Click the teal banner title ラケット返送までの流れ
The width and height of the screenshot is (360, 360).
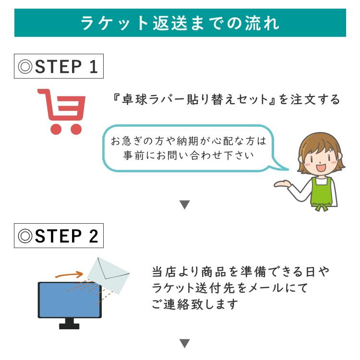(180, 23)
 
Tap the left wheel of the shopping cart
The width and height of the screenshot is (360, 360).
(57, 128)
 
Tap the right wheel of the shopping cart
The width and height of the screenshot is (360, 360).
(75, 128)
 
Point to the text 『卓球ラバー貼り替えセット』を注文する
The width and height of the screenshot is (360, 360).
(225, 100)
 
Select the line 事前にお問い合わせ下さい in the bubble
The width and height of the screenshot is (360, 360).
(188, 156)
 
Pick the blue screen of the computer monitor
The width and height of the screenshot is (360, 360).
(70, 300)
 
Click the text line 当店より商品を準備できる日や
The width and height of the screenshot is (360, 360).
(240, 272)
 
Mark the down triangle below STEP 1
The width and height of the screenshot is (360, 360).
(185, 205)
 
